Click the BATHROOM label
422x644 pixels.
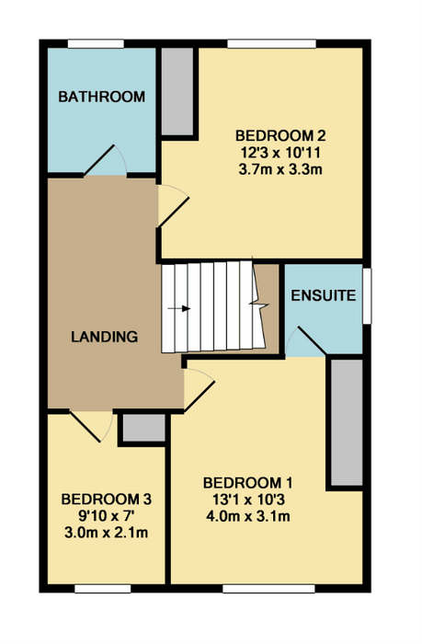click(101, 97)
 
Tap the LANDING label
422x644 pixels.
click(104, 337)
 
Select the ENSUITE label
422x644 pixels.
click(324, 295)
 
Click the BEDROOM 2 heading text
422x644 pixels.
click(280, 135)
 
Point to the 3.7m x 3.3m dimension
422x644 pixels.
click(280, 169)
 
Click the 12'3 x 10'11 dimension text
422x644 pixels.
click(280, 153)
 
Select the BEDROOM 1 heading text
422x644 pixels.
click(248, 483)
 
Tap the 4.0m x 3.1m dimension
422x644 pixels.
click(248, 516)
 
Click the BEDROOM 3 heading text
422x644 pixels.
click(107, 500)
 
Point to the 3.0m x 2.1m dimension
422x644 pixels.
click(107, 533)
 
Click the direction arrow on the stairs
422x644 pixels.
click(179, 308)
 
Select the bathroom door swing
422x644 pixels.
click(106, 161)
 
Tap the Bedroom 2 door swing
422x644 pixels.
click(174, 205)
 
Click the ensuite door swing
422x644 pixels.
click(305, 341)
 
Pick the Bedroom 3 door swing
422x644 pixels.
click(91, 426)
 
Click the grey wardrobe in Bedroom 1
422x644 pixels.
click(347, 422)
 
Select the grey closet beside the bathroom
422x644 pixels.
click(177, 91)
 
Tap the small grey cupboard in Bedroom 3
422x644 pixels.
click(144, 428)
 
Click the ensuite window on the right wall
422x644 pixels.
click(367, 295)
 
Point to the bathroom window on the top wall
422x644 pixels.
click(96, 43)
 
